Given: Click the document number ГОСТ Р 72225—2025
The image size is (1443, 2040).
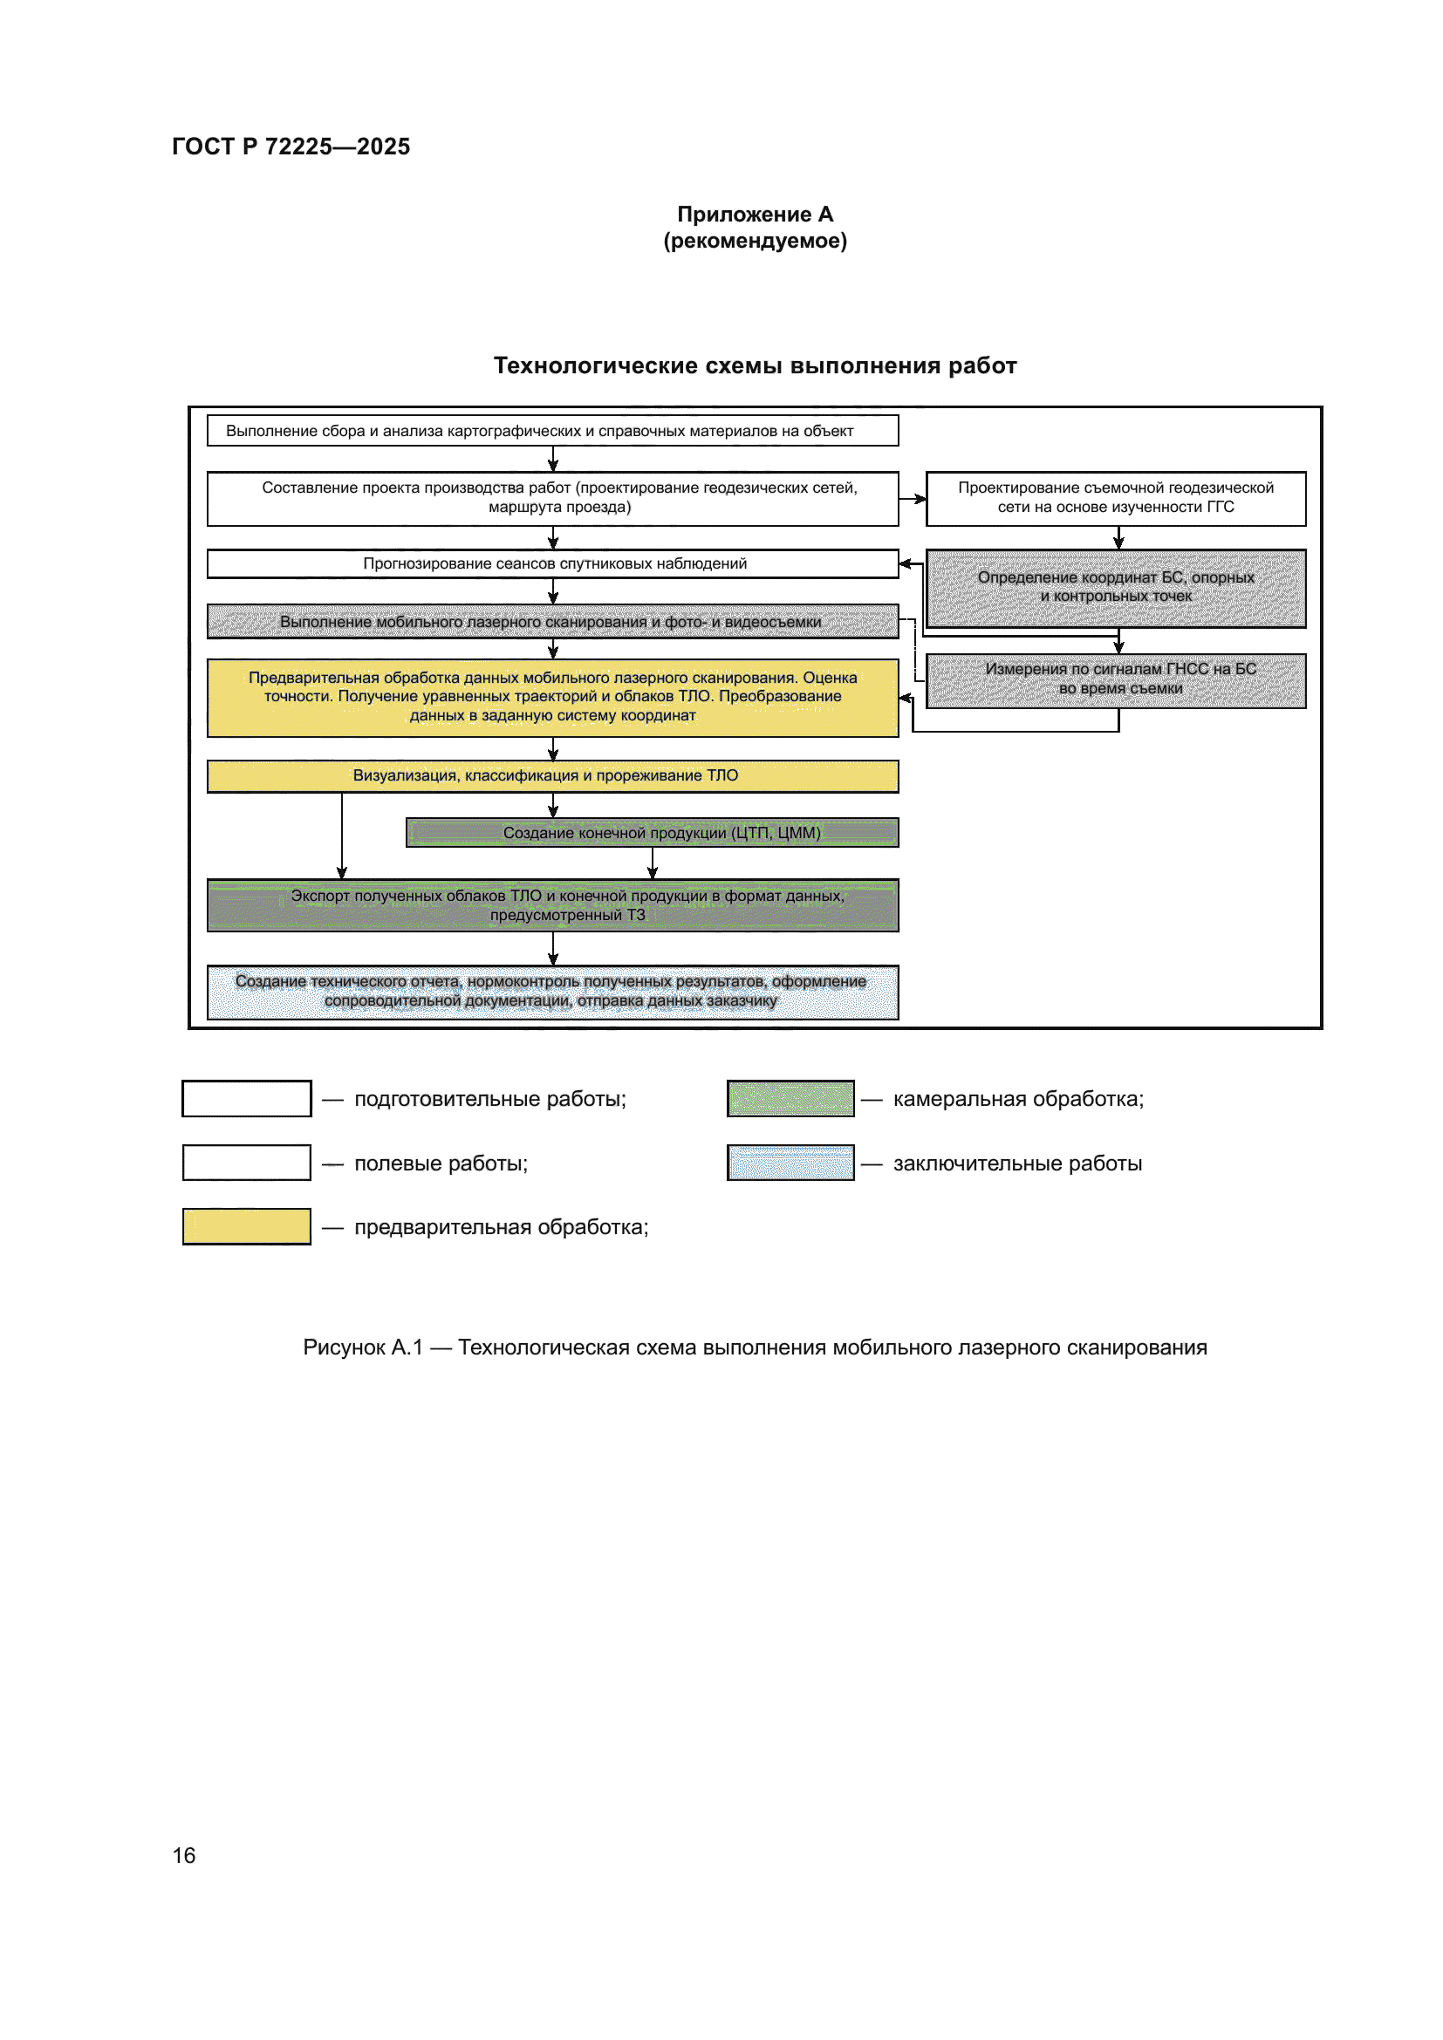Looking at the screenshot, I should coord(291,147).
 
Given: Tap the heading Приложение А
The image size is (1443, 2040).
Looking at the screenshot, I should coord(755,215).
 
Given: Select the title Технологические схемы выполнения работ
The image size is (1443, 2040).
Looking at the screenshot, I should coord(755,366).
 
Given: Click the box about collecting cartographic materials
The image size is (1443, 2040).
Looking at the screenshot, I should coord(551,431).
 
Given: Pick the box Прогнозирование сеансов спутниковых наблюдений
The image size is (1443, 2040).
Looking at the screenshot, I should coord(551,564).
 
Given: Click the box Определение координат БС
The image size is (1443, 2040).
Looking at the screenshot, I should coord(1115,587).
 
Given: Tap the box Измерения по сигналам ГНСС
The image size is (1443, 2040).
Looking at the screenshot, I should coord(1115,679).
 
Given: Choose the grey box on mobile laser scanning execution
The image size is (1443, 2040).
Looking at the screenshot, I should coord(551,622).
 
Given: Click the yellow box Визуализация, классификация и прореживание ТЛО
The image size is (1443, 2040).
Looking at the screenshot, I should coord(551,775).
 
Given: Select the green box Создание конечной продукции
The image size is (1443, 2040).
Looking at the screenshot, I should coord(653,833).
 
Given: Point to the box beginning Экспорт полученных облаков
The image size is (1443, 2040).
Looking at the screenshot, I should coord(551,905).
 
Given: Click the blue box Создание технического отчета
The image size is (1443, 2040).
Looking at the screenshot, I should coord(551,992).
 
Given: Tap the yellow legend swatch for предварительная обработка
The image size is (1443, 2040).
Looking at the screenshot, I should coord(246,1227).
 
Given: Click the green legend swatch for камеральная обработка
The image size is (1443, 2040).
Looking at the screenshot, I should coord(790,1099).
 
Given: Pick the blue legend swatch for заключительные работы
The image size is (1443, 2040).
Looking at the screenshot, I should coord(790,1163).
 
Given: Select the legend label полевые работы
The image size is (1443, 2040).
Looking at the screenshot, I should coord(441,1164).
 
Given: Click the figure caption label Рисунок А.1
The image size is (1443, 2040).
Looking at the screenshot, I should coord(363,1347).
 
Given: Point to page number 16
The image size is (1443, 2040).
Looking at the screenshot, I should coord(184,1856).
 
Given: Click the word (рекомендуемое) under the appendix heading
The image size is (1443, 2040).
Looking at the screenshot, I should coord(755,241).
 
